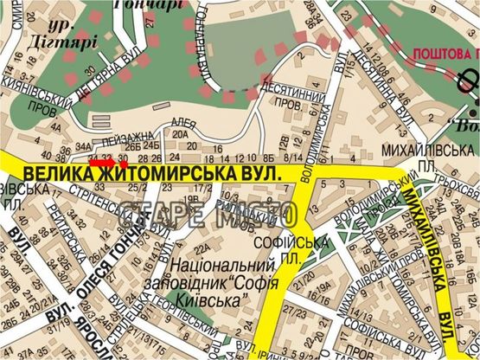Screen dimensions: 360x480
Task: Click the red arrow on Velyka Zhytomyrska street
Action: [104, 162]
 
